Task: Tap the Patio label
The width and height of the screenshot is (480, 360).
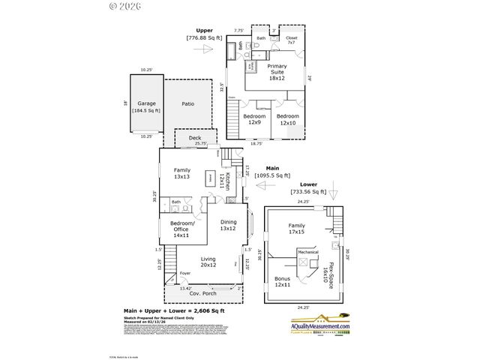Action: [x=187, y=104]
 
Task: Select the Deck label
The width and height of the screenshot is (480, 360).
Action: [x=184, y=139]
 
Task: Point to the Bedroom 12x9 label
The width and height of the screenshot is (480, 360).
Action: [x=253, y=119]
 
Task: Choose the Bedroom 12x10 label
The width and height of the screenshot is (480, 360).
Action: [x=287, y=119]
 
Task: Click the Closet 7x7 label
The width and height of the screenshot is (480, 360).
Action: [x=292, y=39]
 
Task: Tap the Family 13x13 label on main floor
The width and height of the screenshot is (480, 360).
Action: [x=181, y=173]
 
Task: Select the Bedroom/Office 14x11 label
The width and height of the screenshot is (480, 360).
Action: [x=181, y=229]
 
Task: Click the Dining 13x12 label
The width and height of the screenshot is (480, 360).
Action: [x=227, y=225]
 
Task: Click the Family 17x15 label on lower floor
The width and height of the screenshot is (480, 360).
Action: [x=297, y=229]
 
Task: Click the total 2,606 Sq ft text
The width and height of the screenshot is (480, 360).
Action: [x=174, y=310]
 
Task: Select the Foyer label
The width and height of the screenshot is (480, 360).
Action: [x=184, y=273]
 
